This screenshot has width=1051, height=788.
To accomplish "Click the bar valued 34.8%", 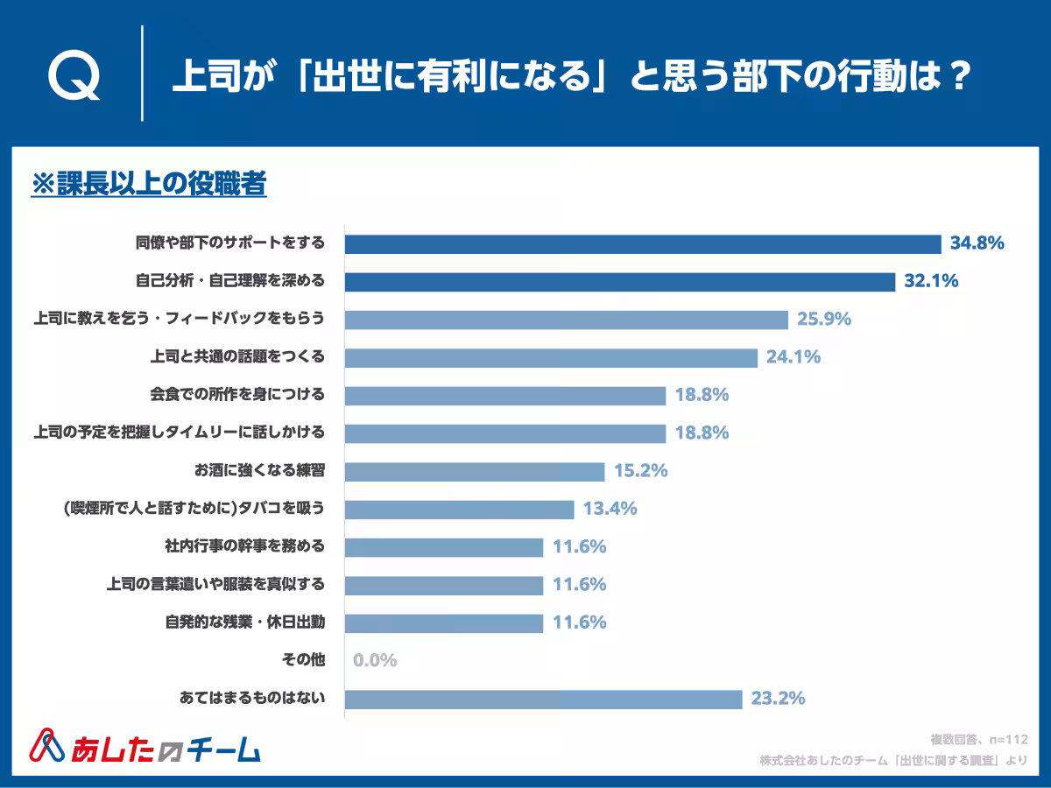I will tap(642, 243).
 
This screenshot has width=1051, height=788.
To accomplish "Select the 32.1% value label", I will tap(931, 281).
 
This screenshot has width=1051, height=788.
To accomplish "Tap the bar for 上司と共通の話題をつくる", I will tap(550, 357).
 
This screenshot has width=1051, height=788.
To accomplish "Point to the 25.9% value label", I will tap(824, 319).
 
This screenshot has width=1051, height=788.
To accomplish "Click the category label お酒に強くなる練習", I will tap(259, 470).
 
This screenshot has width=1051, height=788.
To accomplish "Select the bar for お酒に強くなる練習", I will tap(474, 471).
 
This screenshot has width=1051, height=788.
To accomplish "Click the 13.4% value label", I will tap(610, 509).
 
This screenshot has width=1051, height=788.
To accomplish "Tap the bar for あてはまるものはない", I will tap(543, 699).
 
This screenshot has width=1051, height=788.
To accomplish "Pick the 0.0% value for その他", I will tap(375, 660).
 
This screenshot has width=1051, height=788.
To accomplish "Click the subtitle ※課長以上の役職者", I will tap(148, 185).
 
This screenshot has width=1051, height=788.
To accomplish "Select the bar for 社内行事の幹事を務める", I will tap(443, 546).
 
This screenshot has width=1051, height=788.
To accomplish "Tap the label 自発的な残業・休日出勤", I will tap(244, 623).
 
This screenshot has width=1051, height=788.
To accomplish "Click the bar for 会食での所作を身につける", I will tap(504, 395).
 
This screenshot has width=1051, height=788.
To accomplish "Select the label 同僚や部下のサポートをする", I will tap(229, 243).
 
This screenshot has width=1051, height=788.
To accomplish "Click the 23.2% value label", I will tap(778, 699).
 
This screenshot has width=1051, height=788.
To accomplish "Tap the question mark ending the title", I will tap(959, 75).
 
